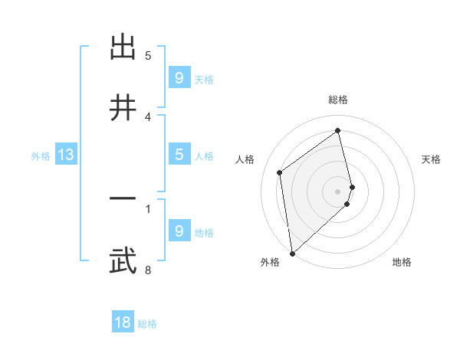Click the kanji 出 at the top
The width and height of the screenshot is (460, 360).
click(x=123, y=48)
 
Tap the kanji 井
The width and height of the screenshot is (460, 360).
click(x=123, y=107)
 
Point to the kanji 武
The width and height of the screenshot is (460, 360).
click(x=123, y=260)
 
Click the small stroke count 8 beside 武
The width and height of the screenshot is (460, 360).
click(x=148, y=270)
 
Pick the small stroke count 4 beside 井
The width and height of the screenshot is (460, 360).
click(x=148, y=116)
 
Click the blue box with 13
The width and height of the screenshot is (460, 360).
click(x=66, y=155)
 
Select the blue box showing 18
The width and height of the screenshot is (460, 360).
click(x=123, y=322)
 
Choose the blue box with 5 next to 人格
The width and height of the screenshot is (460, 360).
click(x=179, y=155)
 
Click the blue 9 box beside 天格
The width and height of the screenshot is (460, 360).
click(x=179, y=77)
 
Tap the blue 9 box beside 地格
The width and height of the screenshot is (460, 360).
click(x=179, y=231)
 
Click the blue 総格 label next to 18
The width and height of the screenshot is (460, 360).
click(x=147, y=324)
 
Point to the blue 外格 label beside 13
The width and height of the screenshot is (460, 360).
click(x=41, y=156)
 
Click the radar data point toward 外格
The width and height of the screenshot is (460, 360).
click(x=291, y=253)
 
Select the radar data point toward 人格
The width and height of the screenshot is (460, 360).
click(x=280, y=172)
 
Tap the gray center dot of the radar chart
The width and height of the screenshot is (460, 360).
click(x=338, y=190)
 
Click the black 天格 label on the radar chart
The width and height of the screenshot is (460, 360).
click(x=432, y=159)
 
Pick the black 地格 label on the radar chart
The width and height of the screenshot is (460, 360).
click(x=402, y=262)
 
